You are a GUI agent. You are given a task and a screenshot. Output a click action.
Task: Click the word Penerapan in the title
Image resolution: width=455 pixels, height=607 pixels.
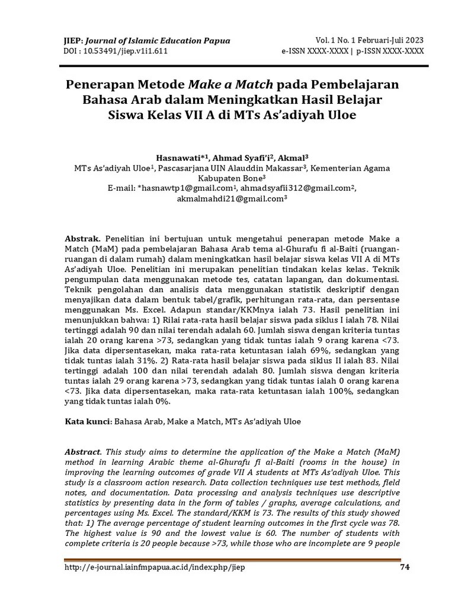(x=95, y=84)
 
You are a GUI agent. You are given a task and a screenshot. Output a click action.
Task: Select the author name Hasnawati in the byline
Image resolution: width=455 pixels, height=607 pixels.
(x=178, y=158)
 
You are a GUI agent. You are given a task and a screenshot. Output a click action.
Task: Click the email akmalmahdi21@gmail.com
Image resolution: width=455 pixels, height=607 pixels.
(x=230, y=199)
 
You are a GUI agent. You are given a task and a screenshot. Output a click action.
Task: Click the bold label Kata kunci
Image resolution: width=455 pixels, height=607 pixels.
(x=87, y=421)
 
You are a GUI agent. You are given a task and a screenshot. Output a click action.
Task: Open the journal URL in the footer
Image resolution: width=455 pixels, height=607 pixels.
(x=154, y=567)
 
